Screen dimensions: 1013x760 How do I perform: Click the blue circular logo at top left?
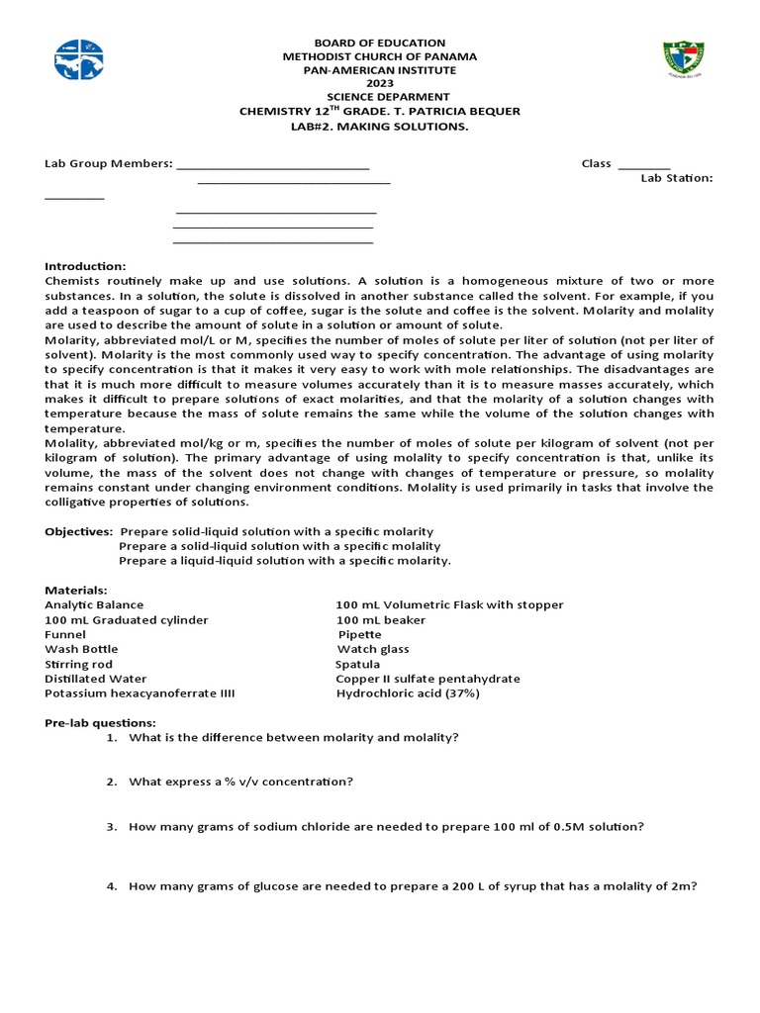[79, 60]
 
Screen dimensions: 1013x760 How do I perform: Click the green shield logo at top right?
[683, 60]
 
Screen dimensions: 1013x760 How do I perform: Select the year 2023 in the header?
[380, 84]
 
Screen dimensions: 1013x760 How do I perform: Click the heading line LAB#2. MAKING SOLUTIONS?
[380, 126]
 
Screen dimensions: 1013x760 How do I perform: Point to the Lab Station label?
[676, 178]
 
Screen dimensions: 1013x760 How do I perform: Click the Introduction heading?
[85, 266]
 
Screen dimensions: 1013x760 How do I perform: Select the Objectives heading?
[78, 531]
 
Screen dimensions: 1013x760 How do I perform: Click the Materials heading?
[76, 590]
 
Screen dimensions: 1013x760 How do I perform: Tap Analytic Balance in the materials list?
[94, 604]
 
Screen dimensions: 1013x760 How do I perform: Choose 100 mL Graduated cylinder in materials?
[127, 619]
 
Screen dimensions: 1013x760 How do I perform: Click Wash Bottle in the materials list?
[81, 649]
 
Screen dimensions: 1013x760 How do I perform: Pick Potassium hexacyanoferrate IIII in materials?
[140, 693]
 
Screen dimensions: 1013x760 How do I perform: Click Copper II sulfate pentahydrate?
[427, 679]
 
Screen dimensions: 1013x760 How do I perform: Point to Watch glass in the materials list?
[373, 649]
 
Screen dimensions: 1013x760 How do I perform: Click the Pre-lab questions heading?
[100, 723]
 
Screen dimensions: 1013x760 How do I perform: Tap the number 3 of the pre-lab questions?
[112, 826]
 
